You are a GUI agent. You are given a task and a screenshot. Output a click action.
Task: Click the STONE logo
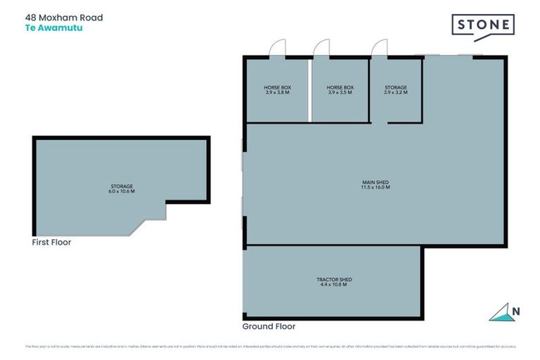[482, 27]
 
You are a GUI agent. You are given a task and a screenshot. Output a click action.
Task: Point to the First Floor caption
[51, 243]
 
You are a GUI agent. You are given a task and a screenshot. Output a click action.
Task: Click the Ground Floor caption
[269, 326]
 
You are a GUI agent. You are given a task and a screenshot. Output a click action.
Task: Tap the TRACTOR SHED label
[333, 280]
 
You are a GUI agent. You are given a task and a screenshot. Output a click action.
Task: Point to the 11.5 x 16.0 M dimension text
[375, 187]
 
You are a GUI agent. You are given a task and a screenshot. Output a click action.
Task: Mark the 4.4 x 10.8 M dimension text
[333, 285]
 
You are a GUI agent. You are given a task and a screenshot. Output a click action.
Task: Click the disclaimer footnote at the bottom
[270, 347]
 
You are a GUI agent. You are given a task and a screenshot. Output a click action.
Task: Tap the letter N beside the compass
[517, 311]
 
